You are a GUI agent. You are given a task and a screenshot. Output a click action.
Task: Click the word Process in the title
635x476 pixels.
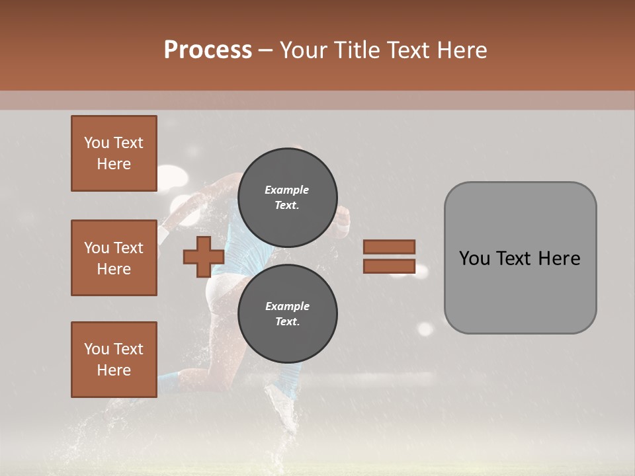[208, 50]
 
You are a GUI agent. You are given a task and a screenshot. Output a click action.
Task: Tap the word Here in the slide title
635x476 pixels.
[462, 50]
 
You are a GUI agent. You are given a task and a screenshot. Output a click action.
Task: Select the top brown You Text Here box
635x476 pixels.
[114, 153]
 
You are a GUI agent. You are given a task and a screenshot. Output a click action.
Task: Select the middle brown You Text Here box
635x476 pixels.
[114, 258]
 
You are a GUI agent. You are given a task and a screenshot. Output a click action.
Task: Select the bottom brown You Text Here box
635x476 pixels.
[114, 360]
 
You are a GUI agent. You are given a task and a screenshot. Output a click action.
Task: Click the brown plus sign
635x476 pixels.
[204, 257]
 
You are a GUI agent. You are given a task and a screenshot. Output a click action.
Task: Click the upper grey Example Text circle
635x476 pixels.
[287, 197]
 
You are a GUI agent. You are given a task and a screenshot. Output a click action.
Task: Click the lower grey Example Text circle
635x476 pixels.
[287, 313]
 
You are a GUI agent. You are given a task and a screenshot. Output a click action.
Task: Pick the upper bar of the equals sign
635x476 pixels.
[389, 247]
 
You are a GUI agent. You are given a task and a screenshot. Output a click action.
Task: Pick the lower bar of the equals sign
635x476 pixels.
[389, 266]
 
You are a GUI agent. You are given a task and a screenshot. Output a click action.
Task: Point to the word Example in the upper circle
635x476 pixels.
[287, 190]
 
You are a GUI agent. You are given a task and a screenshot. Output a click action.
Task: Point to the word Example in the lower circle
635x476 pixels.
[287, 306]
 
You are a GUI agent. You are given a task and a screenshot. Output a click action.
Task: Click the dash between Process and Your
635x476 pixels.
[266, 50]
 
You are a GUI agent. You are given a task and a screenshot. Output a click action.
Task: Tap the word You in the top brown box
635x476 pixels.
[97, 143]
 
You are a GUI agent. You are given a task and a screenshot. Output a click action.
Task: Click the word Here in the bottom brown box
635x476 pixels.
[114, 370]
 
